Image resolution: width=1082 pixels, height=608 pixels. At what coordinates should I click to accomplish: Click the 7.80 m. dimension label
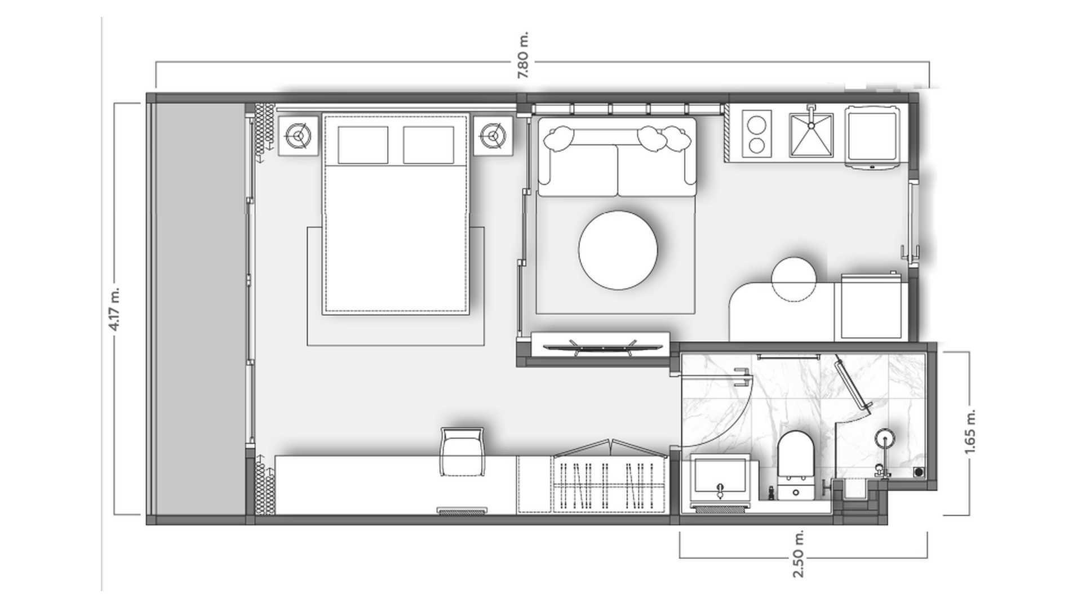pos(524,55)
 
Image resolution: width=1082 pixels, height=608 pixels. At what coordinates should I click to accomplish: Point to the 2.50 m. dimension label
pos(799,554)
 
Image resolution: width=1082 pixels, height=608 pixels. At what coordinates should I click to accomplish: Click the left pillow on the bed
pos(363,145)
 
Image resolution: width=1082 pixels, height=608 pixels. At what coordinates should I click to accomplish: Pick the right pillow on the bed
pos(428,145)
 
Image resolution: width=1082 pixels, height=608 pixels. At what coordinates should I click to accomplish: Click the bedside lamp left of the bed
pos(298,135)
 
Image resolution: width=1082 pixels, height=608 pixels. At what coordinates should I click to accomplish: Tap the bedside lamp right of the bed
pos(493,135)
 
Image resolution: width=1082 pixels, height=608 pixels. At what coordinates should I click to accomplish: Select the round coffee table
pos(618,250)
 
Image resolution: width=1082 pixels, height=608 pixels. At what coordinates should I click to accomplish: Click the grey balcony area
pos(200,309)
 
